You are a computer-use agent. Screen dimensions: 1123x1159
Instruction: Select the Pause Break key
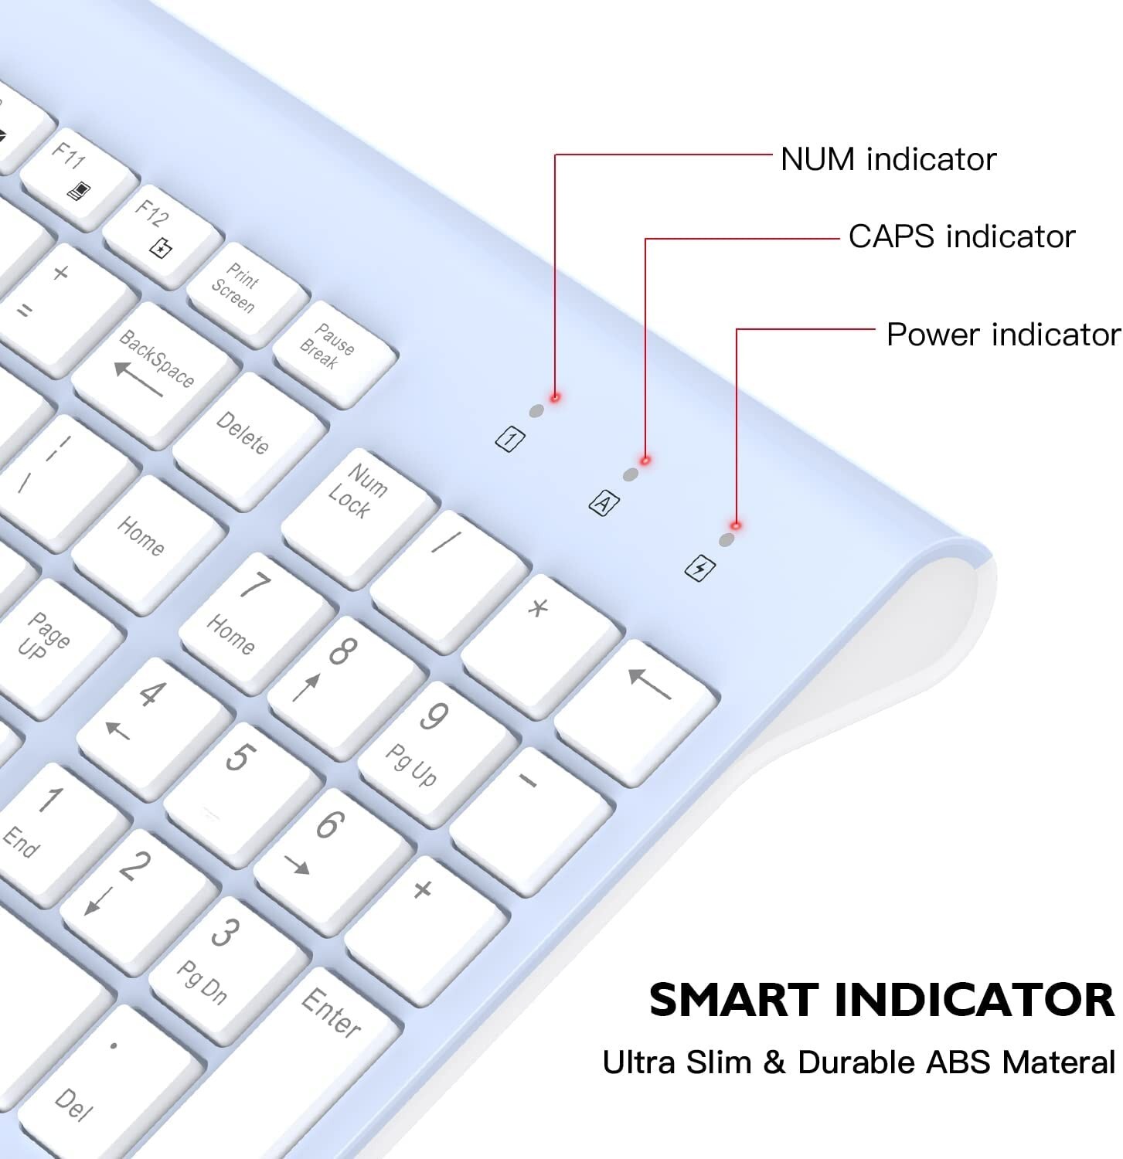click(x=335, y=352)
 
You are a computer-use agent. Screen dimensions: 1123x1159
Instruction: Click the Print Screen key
click(x=247, y=294)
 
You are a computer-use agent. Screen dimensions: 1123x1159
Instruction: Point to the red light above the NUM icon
click(x=555, y=397)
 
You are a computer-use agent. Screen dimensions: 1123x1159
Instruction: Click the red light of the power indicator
click(x=736, y=525)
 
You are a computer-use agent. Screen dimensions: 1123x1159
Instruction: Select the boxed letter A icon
click(x=604, y=504)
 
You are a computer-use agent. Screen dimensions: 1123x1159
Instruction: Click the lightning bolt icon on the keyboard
click(x=700, y=569)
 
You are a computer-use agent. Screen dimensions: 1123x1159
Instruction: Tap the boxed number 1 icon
click(x=509, y=440)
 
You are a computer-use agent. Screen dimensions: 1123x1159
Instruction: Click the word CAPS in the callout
click(x=892, y=236)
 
